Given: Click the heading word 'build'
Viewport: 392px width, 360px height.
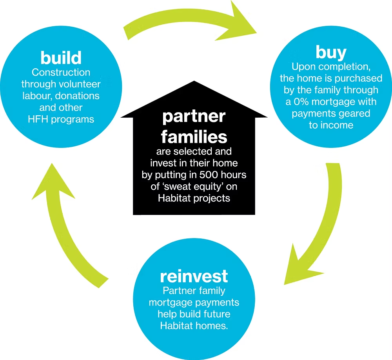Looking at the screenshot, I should pos(61,58).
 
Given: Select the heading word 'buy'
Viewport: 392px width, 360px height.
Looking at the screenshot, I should pos(331,52).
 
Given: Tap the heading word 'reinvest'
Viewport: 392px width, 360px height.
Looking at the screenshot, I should pos(194,276).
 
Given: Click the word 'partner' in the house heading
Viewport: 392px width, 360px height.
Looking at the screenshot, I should pos(194,116).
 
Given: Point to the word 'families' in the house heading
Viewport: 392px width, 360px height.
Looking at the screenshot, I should pos(194,136).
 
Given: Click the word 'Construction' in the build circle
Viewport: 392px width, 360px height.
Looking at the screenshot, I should pos(61,73).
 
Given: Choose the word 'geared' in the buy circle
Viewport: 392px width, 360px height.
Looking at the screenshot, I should pos(356,114).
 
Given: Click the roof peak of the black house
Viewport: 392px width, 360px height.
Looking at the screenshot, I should pos(194,83).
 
